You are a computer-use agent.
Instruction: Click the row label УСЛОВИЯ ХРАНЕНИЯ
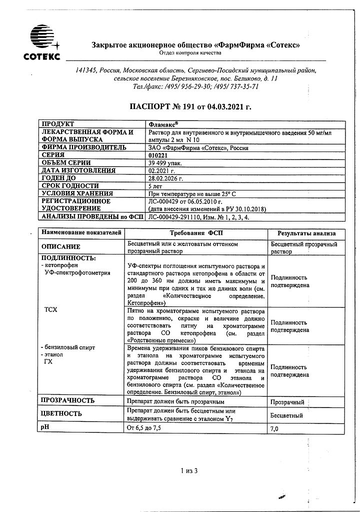tap(77, 193)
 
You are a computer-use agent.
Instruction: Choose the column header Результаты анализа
tap(307, 233)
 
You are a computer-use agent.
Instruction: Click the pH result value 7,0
tap(274, 429)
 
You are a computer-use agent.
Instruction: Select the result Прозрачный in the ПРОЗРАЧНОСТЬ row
tap(287, 401)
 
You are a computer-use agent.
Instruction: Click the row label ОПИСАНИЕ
tap(60, 247)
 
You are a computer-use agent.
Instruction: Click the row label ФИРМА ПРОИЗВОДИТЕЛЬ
tap(84, 147)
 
